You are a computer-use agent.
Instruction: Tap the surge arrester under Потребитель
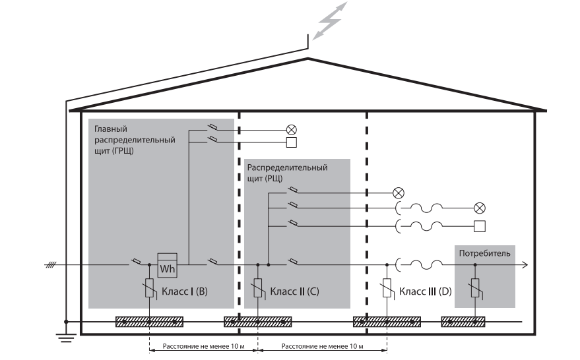coord(476,289)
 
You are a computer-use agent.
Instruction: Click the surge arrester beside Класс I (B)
coord(150,289)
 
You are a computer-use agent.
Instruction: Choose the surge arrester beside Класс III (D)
coord(387,289)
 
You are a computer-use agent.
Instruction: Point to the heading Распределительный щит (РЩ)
coord(287,173)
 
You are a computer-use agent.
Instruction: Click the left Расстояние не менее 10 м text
coord(202,344)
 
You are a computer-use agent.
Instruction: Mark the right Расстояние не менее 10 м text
coord(321,344)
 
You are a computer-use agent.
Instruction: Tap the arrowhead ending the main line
coord(525,266)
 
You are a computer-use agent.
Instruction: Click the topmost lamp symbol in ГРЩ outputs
coord(291,130)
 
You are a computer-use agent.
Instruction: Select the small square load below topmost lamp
coord(291,142)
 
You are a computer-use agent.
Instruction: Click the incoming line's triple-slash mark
coord(50,266)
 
